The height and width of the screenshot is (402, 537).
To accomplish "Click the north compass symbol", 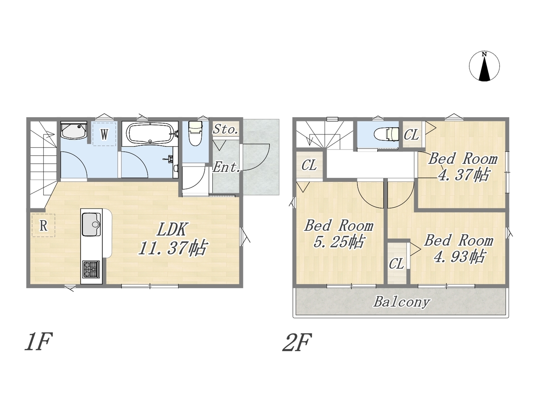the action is pyautogui.click(x=484, y=66).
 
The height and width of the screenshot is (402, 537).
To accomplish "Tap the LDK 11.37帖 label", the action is pyautogui.click(x=172, y=239).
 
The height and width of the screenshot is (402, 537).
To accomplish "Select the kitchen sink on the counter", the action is pyautogui.click(x=91, y=224).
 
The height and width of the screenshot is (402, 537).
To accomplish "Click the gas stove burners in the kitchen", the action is pyautogui.click(x=91, y=269).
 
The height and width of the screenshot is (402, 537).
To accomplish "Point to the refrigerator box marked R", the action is pyautogui.click(x=43, y=226).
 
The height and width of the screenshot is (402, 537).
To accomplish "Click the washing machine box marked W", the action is pyautogui.click(x=104, y=134).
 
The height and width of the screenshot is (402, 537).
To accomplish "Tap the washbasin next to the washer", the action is pyautogui.click(x=74, y=130).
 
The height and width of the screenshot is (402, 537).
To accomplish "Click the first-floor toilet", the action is pyautogui.click(x=195, y=134).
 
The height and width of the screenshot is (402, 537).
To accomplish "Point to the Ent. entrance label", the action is pyautogui.click(x=226, y=167).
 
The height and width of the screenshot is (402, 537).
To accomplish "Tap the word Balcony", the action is pyautogui.click(x=401, y=302).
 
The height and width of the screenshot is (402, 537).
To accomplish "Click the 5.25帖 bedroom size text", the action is pyautogui.click(x=339, y=242).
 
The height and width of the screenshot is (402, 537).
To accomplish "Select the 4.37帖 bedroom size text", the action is pyautogui.click(x=464, y=175).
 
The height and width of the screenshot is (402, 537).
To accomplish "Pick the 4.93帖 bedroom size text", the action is pyautogui.click(x=459, y=256).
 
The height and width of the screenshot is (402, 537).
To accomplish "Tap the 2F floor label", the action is pyautogui.click(x=297, y=343).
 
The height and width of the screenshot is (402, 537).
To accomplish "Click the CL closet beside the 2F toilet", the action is pyautogui.click(x=411, y=134).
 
